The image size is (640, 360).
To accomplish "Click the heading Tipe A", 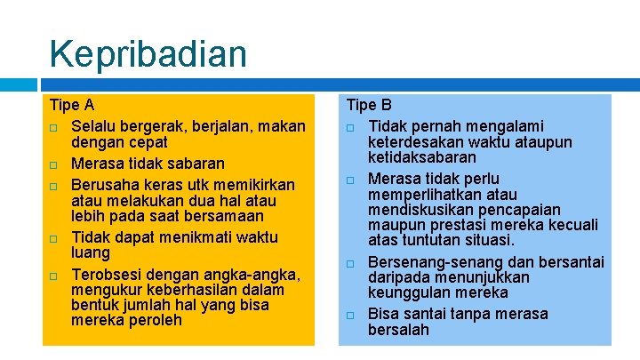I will click(72, 105).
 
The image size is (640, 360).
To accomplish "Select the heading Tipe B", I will click(369, 105).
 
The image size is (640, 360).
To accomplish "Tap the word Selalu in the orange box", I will click(96, 126).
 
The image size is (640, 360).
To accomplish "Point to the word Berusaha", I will click(106, 185).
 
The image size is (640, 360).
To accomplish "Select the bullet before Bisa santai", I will click(350, 315).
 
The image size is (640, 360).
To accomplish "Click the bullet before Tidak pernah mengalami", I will click(350, 127).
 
